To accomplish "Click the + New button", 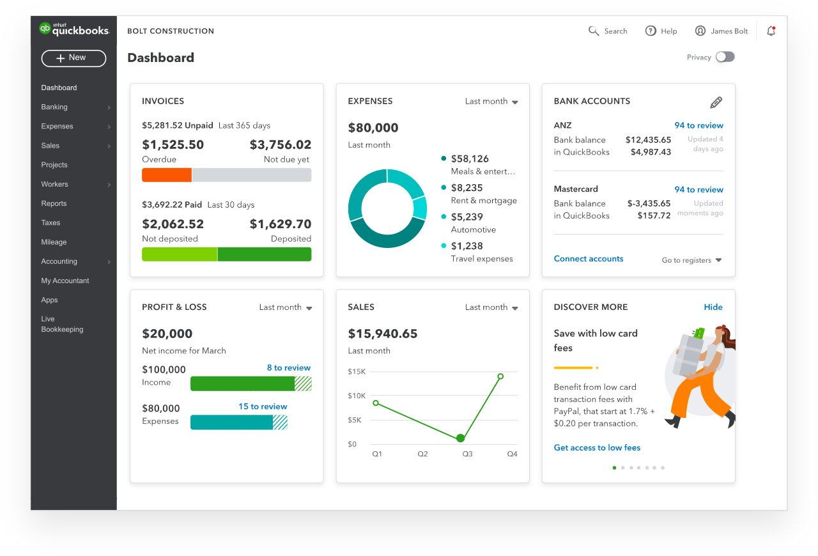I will point(73,58).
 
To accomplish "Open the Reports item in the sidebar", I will point(54,203).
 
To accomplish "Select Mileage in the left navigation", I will point(54,242).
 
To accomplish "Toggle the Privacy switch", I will point(725,57).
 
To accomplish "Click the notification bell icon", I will point(771,31).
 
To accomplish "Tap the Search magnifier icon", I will point(594,31).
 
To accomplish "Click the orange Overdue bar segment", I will point(167,175).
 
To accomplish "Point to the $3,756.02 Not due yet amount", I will point(280,145).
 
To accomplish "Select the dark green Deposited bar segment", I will point(264,254).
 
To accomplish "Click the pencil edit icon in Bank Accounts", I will point(716,102).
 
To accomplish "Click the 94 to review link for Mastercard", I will point(698,190).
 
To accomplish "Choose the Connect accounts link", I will point(589,259).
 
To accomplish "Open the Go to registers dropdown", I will point(691,260).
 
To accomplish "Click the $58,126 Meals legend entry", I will point(470,158).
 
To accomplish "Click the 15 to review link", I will point(263,406).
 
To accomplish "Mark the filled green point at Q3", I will point(460,438).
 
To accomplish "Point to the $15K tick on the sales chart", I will point(357,371).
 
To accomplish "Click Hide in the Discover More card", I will point(713,307).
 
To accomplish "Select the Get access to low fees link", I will point(597,448).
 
